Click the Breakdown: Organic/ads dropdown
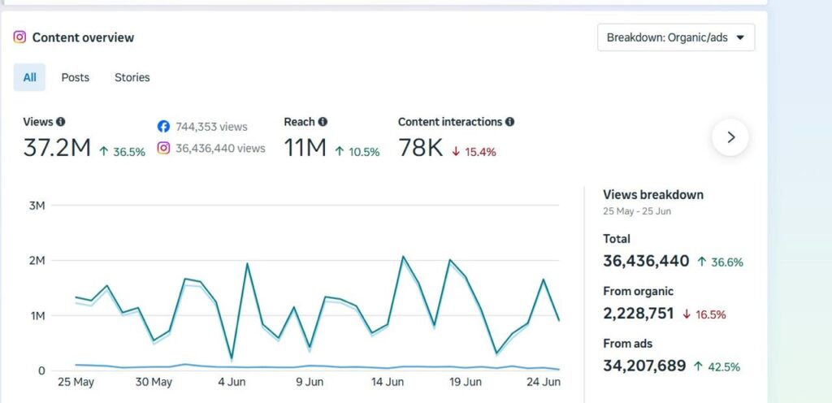[x=676, y=37]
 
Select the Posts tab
[x=76, y=77]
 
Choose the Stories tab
[x=132, y=77]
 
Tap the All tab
[x=30, y=77]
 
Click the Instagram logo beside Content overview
[x=19, y=37]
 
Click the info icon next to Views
[x=60, y=122]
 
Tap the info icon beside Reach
[x=323, y=122]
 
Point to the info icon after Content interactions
[x=509, y=122]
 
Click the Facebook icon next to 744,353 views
[x=163, y=127]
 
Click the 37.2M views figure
[x=57, y=148]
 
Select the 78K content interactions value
[x=420, y=148]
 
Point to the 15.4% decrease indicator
[x=474, y=152]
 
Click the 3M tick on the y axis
[x=37, y=206]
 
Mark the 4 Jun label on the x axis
[x=232, y=382]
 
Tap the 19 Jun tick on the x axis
[x=465, y=382]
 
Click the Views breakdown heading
[x=653, y=195]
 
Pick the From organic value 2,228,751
[x=639, y=314]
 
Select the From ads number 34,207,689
[x=644, y=366]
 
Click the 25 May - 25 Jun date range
[x=637, y=211]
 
